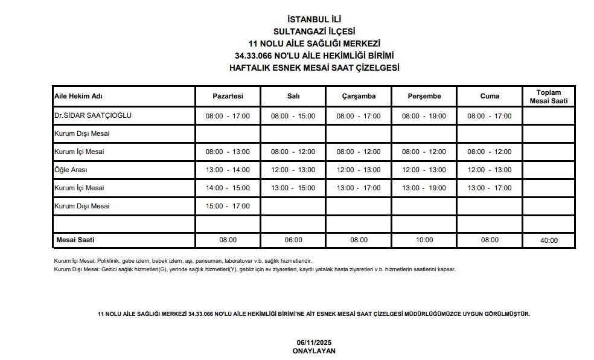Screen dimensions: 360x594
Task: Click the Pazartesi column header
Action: (x=228, y=96)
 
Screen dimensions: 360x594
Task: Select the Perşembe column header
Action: (x=424, y=96)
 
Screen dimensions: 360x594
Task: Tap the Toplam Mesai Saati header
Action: (x=549, y=97)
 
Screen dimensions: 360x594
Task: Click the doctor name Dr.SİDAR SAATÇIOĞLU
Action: (x=93, y=115)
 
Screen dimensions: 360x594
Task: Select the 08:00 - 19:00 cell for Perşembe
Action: (x=424, y=116)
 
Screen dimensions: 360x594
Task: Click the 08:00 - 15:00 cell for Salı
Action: (x=293, y=116)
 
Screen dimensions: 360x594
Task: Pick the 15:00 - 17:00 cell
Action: (x=228, y=206)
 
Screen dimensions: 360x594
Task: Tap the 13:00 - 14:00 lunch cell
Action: (x=228, y=170)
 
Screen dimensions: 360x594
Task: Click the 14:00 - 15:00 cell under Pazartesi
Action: (x=228, y=188)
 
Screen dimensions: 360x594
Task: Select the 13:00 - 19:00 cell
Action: (x=424, y=188)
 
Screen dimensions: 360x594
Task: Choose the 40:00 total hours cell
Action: (x=549, y=240)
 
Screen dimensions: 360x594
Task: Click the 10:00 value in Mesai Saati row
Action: (x=424, y=240)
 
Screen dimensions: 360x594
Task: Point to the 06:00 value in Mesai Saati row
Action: (x=293, y=240)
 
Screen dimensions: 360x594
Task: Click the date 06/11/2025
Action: (x=314, y=342)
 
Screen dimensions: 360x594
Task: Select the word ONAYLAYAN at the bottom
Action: (x=314, y=350)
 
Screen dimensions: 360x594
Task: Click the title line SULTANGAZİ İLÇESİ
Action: (x=314, y=31)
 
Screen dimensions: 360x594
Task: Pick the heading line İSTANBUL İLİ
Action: (x=314, y=19)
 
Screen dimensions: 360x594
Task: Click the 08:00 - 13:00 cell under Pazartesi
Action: (x=228, y=152)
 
